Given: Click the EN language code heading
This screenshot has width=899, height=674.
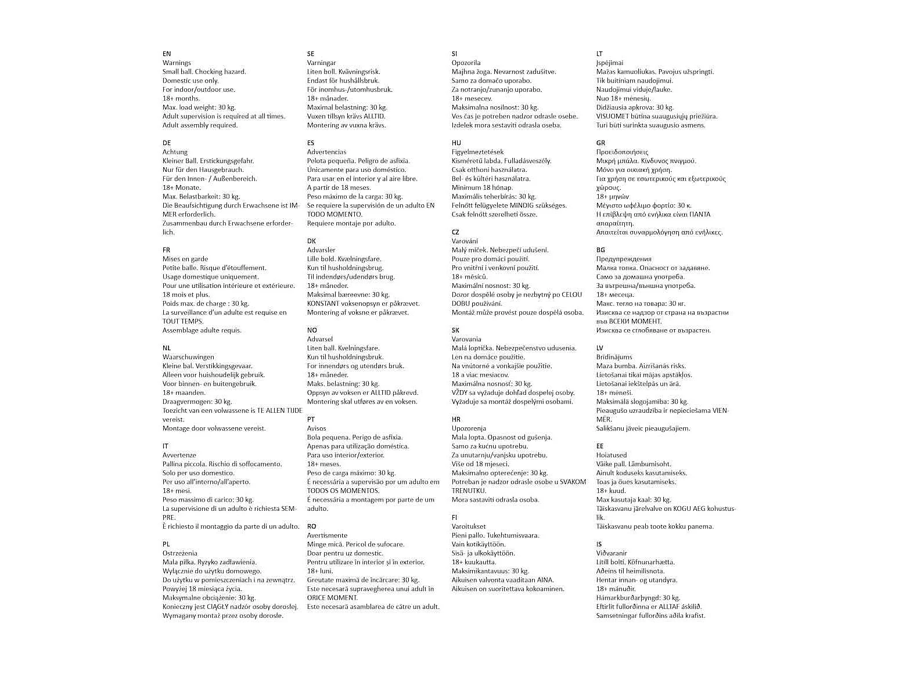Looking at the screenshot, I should pos(167,53).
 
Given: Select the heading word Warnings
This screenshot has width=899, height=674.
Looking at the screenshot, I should pos(177,63).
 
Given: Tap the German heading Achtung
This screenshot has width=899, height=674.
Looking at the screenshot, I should pos(175,152).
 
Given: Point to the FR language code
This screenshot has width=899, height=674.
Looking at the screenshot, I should pos(167,250).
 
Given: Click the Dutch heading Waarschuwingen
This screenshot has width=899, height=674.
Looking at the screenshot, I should pos(188,357).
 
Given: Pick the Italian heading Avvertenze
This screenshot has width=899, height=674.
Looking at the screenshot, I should pos(179,455).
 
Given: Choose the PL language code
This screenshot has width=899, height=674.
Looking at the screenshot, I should pos(167,545).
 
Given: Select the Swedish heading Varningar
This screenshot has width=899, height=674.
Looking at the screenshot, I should pos(321,63).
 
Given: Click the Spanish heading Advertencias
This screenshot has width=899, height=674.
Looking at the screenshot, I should pos(326,152).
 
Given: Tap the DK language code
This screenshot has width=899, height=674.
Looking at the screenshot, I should pos(311,241).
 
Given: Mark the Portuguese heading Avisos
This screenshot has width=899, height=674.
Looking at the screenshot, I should pos(317,428).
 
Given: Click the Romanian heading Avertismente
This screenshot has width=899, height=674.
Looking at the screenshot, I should pos(327,535).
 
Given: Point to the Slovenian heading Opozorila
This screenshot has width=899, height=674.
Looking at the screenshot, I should pos(466,63).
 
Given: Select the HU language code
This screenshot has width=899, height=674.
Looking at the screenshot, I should pos(456,143).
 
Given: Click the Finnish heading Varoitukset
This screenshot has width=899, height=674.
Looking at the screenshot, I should pos(469,527).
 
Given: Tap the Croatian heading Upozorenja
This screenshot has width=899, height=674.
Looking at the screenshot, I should pos(469,428).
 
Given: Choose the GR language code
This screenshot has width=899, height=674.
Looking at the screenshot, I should pos(600,143).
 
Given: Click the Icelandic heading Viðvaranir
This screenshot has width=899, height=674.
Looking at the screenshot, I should pos(612,553).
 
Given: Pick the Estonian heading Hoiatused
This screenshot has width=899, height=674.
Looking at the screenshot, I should pos(612,455).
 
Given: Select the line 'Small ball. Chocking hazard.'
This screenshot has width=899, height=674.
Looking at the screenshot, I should pos(204,71).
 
